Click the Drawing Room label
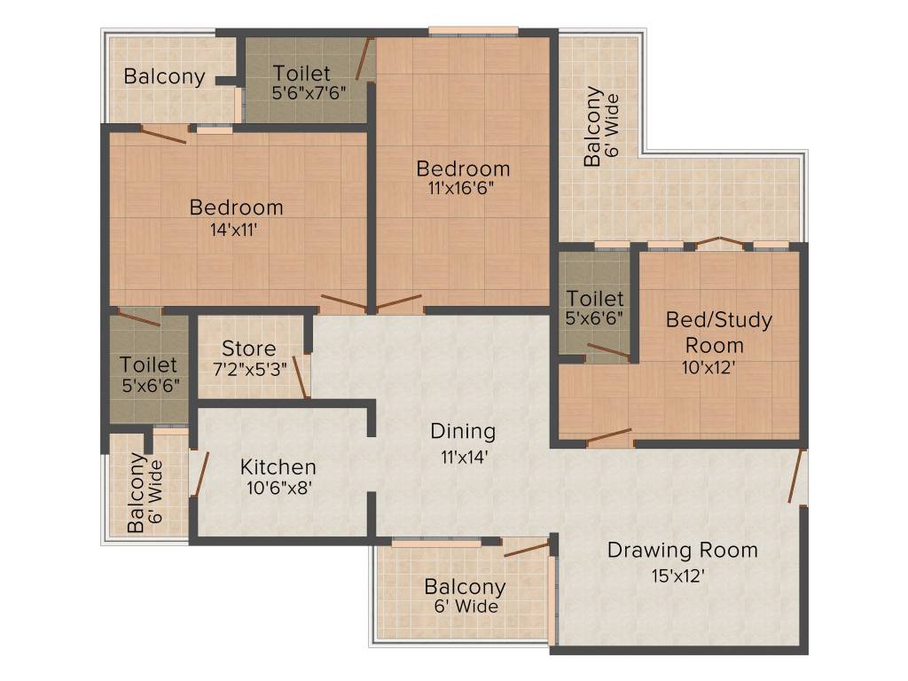tap(682, 550)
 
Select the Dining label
tap(462, 432)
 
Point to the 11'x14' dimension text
tap(462, 458)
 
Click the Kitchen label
tap(278, 467)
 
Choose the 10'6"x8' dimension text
tap(277, 488)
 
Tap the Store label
tap(248, 348)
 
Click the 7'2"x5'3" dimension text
tap(249, 368)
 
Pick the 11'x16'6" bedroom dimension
tap(463, 188)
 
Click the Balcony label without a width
tap(164, 76)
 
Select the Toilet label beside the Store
tap(148, 364)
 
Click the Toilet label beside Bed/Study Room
tap(595, 299)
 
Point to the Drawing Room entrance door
tap(799, 476)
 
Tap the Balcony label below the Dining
tap(465, 587)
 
